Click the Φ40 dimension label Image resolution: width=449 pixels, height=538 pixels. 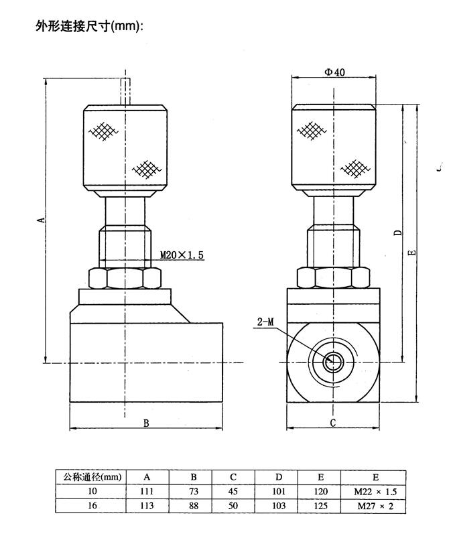(x=334, y=72)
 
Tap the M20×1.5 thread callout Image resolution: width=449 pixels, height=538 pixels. (x=182, y=255)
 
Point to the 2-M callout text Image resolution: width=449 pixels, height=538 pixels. (x=265, y=322)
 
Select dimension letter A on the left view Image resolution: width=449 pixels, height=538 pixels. (x=42, y=219)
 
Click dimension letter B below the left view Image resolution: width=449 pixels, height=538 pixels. (x=146, y=423)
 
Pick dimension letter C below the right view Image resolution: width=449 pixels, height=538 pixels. (x=332, y=423)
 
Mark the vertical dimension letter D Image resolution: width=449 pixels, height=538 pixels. (x=397, y=232)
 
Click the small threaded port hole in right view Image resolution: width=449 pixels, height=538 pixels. (x=332, y=362)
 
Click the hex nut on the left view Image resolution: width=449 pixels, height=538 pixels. (x=125, y=278)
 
